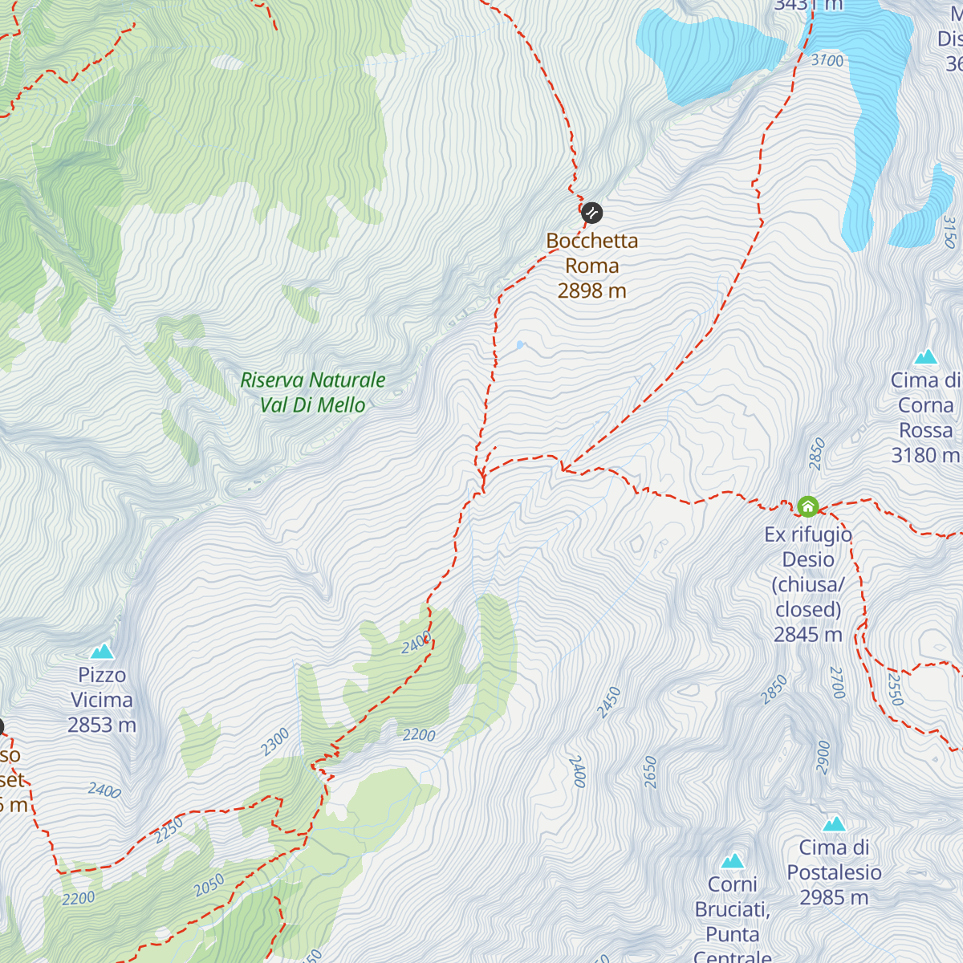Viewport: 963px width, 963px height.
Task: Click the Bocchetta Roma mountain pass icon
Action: click(591, 213)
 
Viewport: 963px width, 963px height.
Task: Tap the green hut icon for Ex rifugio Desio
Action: click(807, 506)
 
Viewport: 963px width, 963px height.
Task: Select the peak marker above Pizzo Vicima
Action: click(102, 651)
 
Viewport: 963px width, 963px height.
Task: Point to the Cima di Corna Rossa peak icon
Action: click(926, 356)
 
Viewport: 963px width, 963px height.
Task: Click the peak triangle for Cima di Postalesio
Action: click(834, 824)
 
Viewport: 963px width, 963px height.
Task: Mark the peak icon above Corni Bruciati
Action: click(732, 861)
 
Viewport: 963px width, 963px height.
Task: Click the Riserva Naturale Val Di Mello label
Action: click(313, 392)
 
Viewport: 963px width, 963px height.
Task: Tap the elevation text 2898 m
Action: click(591, 291)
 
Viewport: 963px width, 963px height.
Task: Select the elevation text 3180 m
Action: click(924, 455)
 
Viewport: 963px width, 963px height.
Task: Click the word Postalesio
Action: click(834, 872)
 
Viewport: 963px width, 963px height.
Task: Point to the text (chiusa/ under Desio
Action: click(808, 584)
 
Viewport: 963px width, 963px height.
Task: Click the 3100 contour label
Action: click(827, 60)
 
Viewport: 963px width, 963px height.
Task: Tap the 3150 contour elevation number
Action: click(949, 232)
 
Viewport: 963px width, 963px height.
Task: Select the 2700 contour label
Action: click(837, 683)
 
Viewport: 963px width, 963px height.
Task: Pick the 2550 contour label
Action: click(895, 689)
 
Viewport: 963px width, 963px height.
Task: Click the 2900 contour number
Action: click(823, 757)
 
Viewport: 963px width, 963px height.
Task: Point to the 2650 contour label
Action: click(650, 772)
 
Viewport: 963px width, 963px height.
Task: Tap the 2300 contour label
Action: click(275, 742)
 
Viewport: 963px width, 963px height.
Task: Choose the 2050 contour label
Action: click(209, 886)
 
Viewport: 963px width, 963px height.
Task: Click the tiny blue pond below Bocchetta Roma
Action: click(520, 346)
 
